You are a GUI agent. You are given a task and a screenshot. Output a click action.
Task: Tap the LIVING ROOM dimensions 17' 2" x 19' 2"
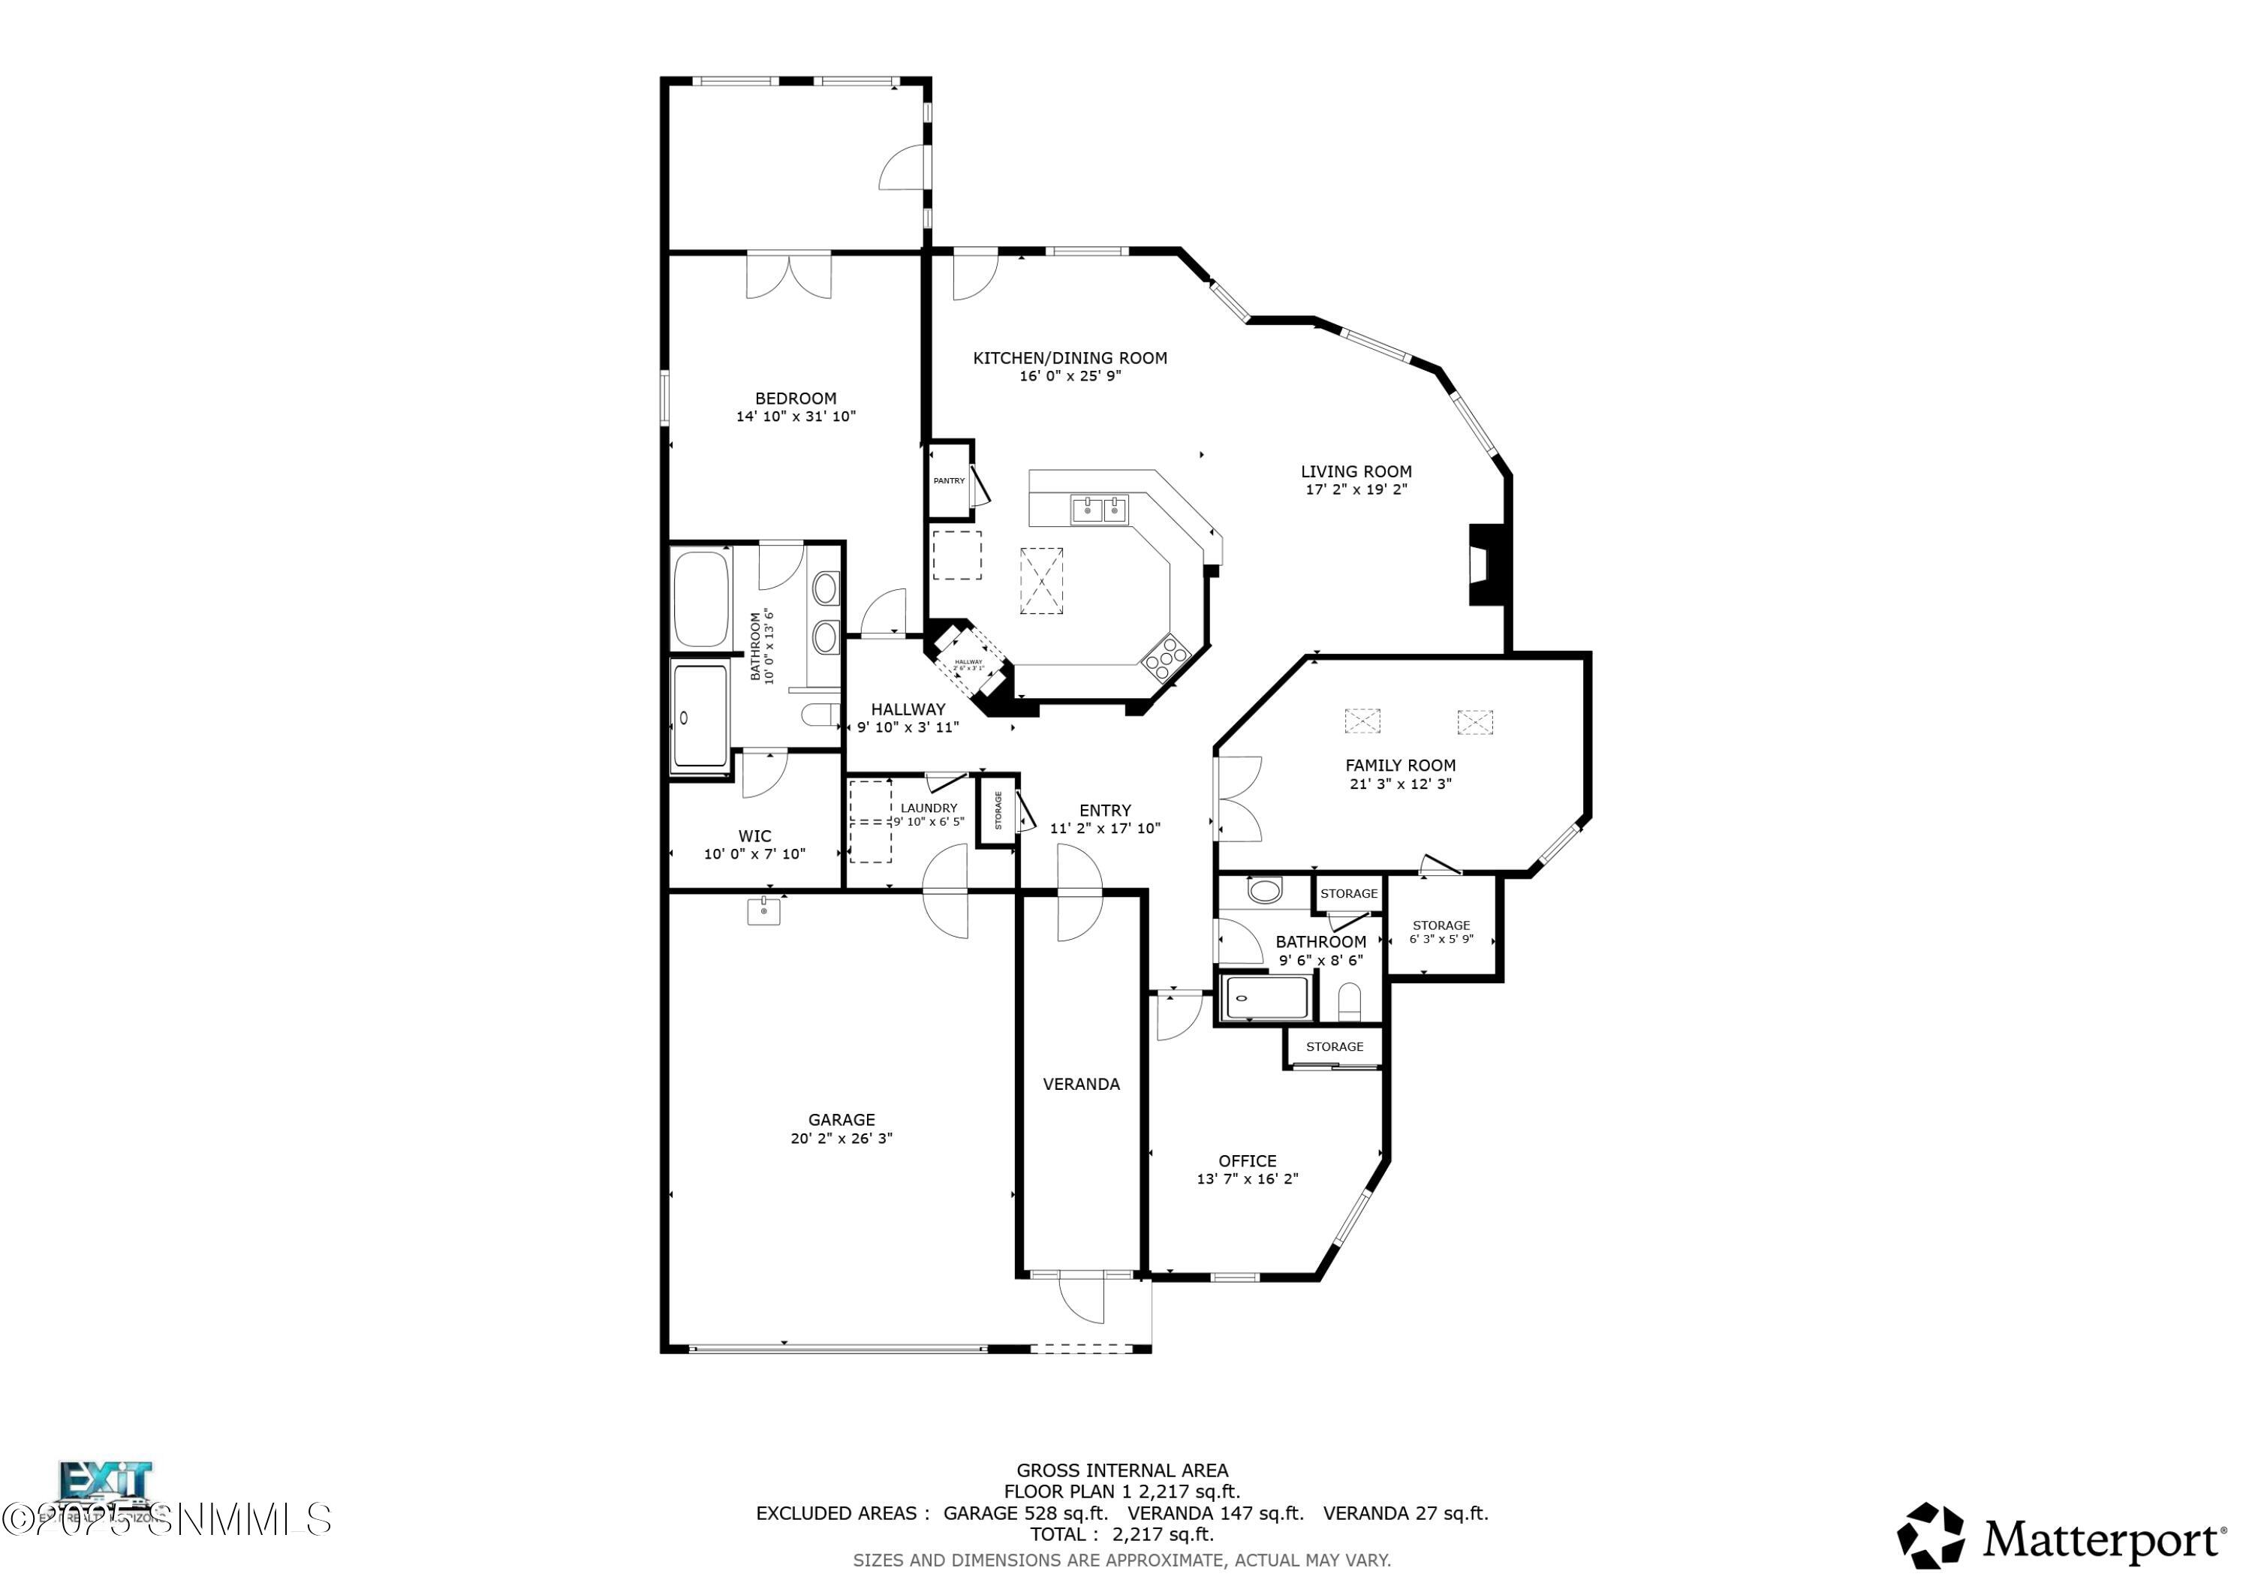(x=1356, y=489)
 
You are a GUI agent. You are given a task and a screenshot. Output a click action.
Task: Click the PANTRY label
(x=949, y=480)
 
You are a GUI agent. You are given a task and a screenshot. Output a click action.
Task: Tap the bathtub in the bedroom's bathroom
(x=700, y=599)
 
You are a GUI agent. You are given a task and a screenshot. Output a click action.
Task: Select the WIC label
(x=754, y=835)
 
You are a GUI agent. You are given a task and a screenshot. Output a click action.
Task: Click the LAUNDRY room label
(x=928, y=808)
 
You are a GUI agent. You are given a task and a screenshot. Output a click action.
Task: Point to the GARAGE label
(x=841, y=1119)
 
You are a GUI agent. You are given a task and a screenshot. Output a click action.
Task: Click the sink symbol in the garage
(x=763, y=911)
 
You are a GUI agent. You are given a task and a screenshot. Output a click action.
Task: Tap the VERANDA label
(x=1081, y=1084)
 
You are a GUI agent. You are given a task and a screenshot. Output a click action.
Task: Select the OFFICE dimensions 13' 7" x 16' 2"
(x=1247, y=1179)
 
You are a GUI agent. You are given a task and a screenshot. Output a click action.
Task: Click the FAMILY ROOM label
(x=1400, y=765)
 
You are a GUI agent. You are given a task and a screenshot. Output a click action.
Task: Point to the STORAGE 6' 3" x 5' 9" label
(x=1440, y=931)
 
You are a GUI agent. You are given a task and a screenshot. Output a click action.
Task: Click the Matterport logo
(x=2060, y=1540)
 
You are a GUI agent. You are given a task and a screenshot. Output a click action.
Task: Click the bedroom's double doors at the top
(x=789, y=275)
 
